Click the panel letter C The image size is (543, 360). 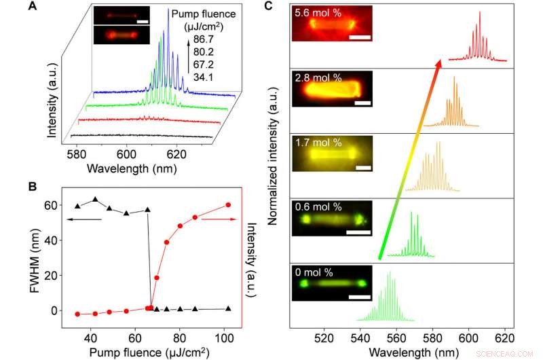pos(269,7)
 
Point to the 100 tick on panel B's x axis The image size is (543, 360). pos(227,335)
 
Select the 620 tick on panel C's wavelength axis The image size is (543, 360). pos(504,336)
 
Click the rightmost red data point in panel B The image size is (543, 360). pos(228,204)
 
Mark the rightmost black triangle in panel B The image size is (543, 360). pos(228,308)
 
